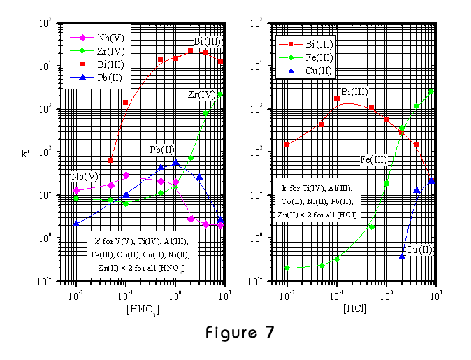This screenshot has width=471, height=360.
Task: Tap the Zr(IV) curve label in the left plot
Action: tap(201, 94)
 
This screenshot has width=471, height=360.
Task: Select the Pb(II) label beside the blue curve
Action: tap(162, 150)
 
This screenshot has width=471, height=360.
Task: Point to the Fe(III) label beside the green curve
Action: tap(373, 160)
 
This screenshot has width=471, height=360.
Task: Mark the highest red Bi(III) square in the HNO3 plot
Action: tap(190, 50)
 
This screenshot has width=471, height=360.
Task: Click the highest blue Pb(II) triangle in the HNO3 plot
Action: tap(175, 162)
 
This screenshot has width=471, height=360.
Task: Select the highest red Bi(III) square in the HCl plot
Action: tap(337, 99)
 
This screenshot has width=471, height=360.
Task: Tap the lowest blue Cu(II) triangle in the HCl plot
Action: tap(402, 257)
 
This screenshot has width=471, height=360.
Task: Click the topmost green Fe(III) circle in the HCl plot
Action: tap(431, 92)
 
